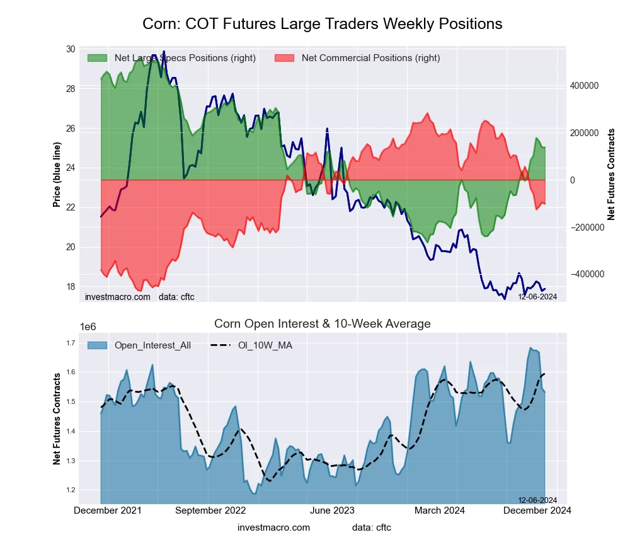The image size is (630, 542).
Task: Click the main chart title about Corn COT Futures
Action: click(x=323, y=24)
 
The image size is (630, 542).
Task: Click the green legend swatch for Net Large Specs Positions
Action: click(x=98, y=58)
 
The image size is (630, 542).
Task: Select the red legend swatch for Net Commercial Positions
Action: click(x=285, y=58)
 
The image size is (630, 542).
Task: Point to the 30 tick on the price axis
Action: click(x=70, y=49)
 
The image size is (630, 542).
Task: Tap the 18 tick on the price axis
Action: click(x=70, y=287)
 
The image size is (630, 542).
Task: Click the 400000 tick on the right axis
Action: click(x=583, y=86)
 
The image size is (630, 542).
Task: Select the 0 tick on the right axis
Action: click(x=573, y=180)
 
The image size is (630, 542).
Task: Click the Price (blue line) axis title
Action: click(x=57, y=175)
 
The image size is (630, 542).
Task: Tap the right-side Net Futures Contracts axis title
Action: click(x=611, y=175)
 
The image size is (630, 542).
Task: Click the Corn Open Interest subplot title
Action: click(x=323, y=324)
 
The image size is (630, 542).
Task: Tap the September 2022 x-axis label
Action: click(x=210, y=510)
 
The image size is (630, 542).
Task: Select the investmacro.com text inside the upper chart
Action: click(x=118, y=297)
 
